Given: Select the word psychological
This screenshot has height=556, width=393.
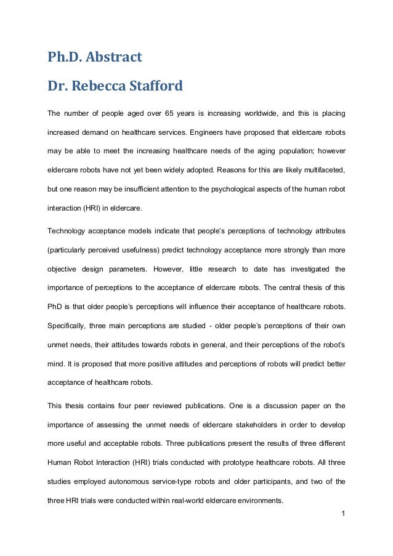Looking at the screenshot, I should point(231,190).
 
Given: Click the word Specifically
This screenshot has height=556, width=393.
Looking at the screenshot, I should point(68,325).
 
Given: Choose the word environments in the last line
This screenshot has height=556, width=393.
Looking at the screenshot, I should point(254,501).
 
